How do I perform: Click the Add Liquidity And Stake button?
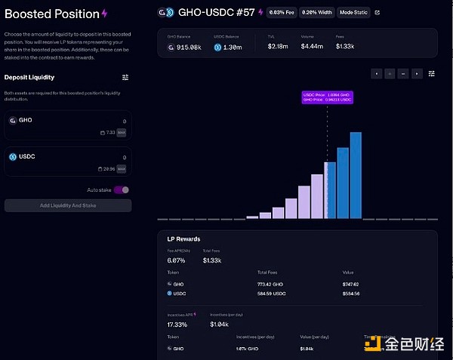coord(68,205)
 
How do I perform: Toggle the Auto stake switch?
coord(122,190)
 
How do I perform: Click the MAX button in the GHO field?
coord(122,133)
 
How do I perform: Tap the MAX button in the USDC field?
coord(122,168)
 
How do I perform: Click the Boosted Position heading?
coord(52,14)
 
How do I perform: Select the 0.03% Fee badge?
coord(280,12)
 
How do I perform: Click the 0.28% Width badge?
coord(317,12)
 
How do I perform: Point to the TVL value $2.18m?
coord(276,48)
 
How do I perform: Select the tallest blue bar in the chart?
coord(356,175)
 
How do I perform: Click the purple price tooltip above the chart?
coord(327,97)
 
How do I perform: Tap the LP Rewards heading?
coord(183,239)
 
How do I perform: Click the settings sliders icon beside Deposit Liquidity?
coord(126,77)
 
